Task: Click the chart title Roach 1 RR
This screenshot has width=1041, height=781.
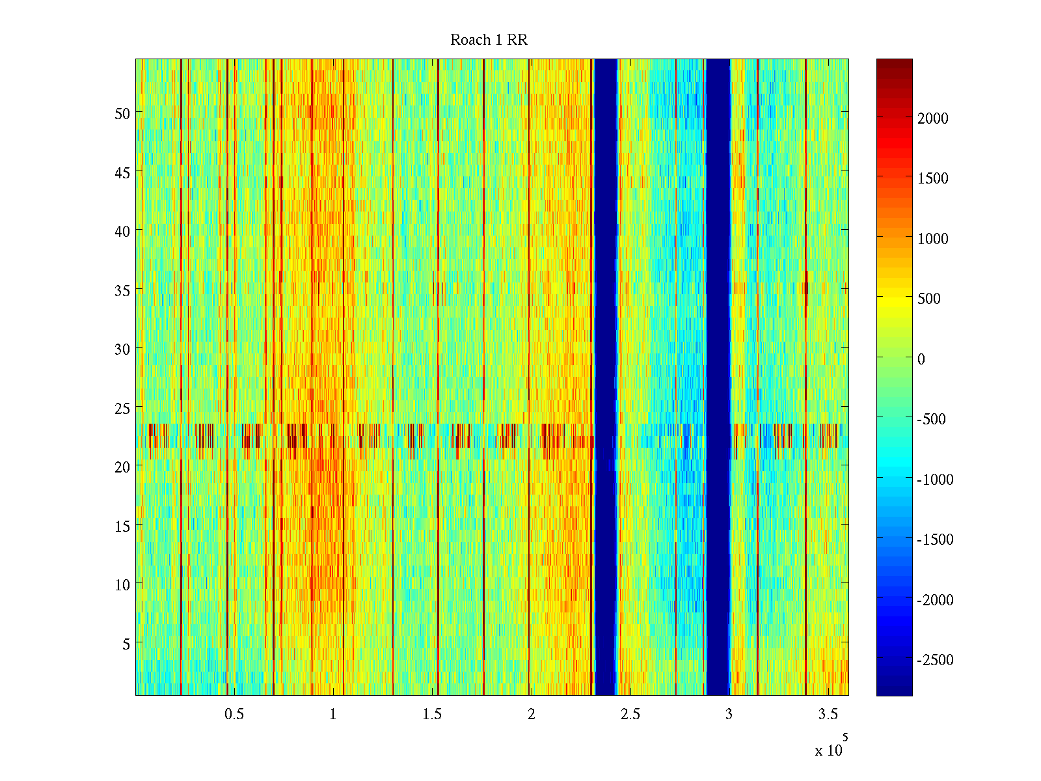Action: (x=489, y=40)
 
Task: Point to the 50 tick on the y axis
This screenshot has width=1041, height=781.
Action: (x=122, y=113)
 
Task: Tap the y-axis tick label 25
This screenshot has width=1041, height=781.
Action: (x=122, y=408)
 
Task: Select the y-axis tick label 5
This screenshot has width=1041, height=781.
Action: (x=126, y=644)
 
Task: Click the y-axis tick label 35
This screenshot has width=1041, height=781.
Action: (x=122, y=290)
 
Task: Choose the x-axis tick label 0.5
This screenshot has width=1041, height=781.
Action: (x=234, y=715)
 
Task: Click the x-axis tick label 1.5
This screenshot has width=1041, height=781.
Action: (x=432, y=715)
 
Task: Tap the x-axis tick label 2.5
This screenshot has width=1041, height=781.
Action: (x=630, y=715)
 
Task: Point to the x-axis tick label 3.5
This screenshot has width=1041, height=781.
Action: (x=828, y=715)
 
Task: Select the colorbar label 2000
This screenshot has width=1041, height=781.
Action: (x=933, y=118)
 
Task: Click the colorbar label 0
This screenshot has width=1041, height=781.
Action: (x=921, y=359)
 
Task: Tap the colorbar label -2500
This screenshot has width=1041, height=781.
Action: (x=935, y=660)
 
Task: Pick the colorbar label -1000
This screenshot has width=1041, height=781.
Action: (x=935, y=480)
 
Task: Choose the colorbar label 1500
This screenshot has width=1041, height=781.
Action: (x=933, y=178)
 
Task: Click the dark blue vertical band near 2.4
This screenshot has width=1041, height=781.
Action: (x=606, y=377)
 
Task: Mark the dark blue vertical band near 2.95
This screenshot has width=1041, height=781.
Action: (x=718, y=377)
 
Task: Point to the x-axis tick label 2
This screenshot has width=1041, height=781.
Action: (x=531, y=715)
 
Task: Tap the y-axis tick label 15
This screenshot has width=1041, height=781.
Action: (x=122, y=526)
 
